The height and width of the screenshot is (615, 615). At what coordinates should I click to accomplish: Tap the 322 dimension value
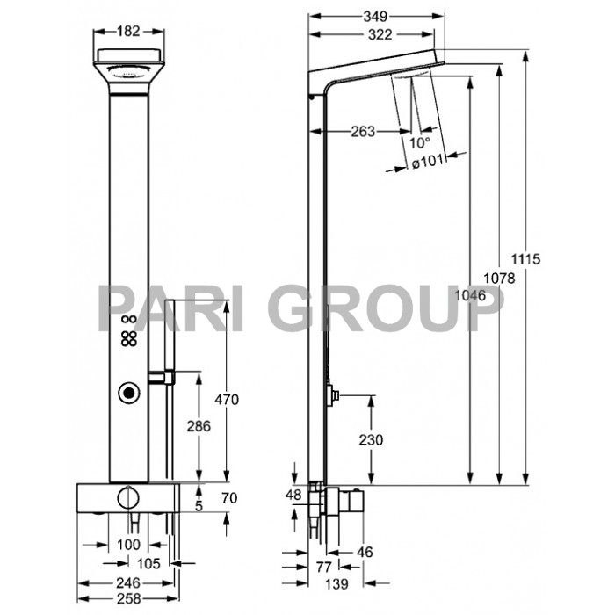(376, 35)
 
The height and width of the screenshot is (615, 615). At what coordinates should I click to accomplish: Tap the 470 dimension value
(228, 400)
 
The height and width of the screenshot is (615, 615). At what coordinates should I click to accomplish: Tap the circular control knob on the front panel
(129, 394)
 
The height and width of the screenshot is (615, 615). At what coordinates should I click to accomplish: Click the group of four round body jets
(129, 340)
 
